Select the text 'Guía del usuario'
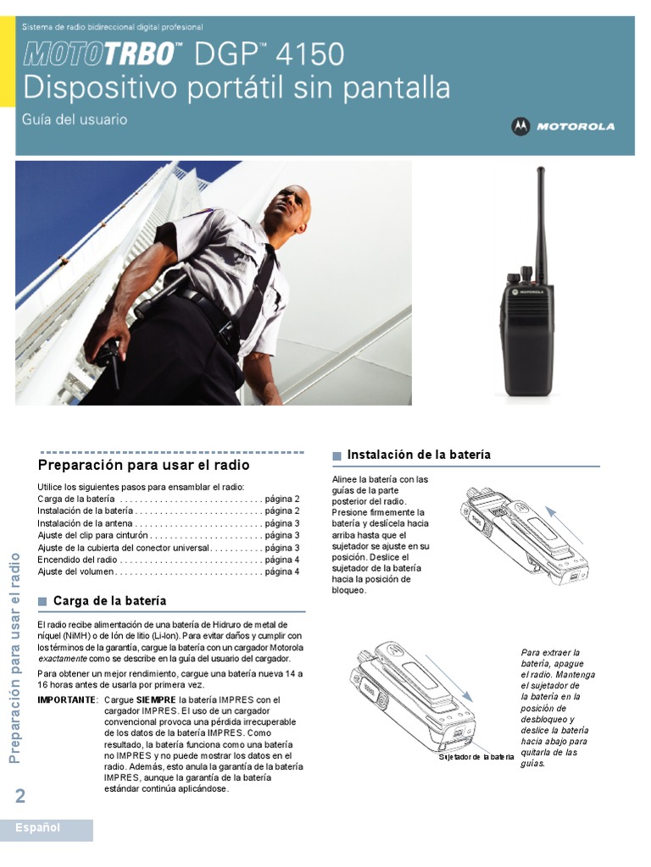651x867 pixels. tap(75, 120)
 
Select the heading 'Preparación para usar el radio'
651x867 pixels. tap(144, 466)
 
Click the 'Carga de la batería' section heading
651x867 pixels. tap(109, 601)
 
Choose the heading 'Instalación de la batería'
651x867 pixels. tap(419, 456)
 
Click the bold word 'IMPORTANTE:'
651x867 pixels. tap(68, 700)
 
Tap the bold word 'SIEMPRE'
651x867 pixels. tap(156, 700)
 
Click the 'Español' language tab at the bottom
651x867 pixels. tap(38, 828)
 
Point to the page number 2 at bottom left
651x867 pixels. tap(20, 795)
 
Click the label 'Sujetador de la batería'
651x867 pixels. tap(476, 756)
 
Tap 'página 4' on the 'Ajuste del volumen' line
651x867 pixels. tap(282, 572)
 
